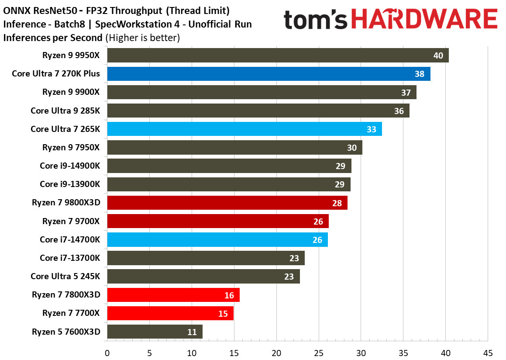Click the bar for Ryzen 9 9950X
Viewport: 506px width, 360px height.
tap(278, 55)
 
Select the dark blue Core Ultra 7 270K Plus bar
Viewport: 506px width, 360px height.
tap(268, 74)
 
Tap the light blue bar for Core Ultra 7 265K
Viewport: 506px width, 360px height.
tap(244, 129)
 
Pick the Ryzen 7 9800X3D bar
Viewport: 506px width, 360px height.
tap(227, 203)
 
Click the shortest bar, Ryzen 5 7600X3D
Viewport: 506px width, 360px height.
tap(155, 332)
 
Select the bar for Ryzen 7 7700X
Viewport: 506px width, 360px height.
tap(170, 313)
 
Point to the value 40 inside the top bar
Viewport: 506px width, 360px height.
tap(438, 55)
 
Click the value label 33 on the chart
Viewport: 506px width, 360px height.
tap(371, 129)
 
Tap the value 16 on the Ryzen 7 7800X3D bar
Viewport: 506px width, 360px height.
tap(229, 295)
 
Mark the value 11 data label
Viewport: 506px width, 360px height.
tap(192, 332)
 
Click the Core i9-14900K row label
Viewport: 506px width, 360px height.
tap(70, 166)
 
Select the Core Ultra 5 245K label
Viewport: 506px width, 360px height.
tap(65, 276)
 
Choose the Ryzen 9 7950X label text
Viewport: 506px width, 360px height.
tap(71, 148)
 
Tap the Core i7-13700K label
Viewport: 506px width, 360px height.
tap(70, 258)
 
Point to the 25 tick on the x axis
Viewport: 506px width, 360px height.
tap(319, 353)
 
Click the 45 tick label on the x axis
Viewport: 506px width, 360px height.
tap(488, 353)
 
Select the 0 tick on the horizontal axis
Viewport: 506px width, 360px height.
tap(107, 353)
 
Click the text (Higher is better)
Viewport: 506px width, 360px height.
tap(142, 38)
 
